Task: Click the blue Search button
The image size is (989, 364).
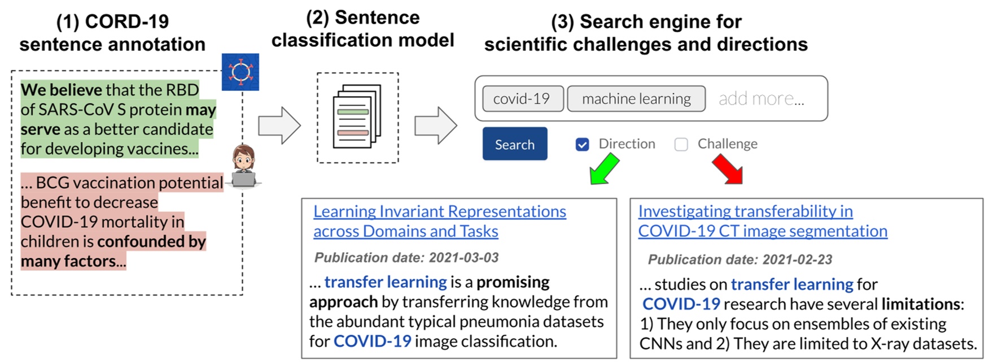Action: click(514, 144)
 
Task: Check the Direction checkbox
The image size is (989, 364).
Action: click(582, 145)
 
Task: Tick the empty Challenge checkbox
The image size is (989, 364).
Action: click(681, 145)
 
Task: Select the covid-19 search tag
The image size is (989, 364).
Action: click(522, 99)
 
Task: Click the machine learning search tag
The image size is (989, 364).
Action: click(636, 99)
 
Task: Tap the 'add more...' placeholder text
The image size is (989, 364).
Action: click(761, 99)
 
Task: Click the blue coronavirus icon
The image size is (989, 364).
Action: click(240, 72)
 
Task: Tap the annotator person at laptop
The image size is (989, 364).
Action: click(244, 166)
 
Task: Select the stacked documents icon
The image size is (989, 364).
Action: click(357, 117)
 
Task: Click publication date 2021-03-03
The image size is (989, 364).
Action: click(406, 258)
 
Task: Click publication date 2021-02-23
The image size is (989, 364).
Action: click(739, 259)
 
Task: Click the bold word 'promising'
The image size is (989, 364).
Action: click(513, 282)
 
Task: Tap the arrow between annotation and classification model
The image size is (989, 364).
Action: click(279, 125)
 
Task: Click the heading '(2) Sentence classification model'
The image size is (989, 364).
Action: click(362, 29)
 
